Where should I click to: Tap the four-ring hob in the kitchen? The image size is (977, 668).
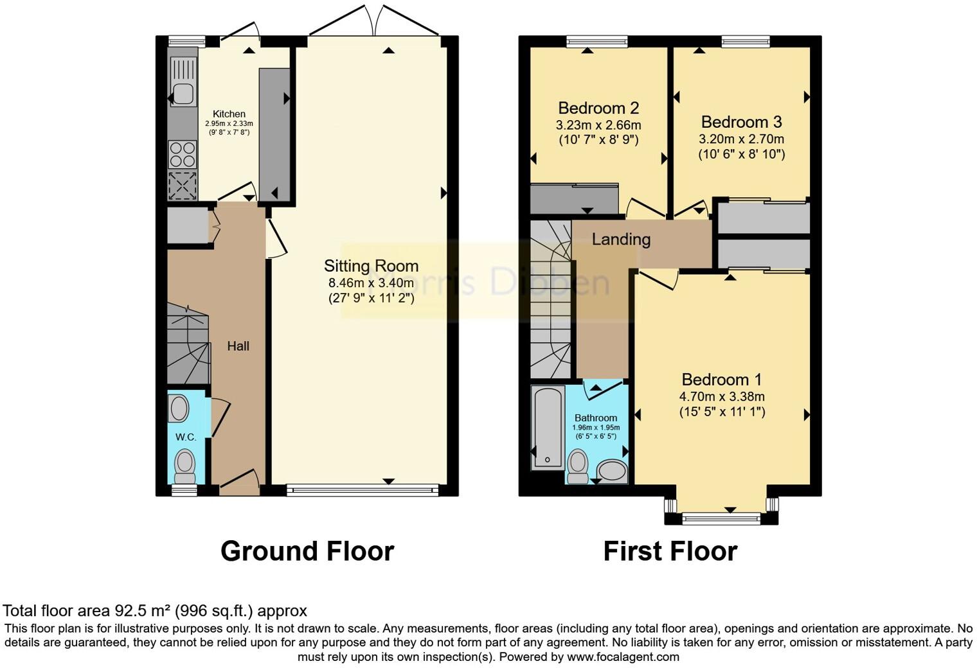(183, 155)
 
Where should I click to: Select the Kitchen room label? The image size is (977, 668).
(229, 114)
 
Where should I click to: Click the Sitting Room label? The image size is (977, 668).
(371, 266)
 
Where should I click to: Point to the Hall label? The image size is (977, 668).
(238, 346)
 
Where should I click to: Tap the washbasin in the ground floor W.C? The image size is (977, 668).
(179, 409)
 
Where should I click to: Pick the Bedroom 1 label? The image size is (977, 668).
(722, 380)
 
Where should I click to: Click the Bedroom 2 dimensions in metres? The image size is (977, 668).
(598, 125)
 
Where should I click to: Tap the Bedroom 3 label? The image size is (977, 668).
(742, 122)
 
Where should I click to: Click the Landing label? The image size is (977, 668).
(621, 239)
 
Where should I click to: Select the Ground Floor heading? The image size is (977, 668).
(307, 551)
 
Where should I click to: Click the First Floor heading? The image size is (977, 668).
(670, 551)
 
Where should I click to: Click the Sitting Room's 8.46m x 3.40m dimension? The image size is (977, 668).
(371, 283)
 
